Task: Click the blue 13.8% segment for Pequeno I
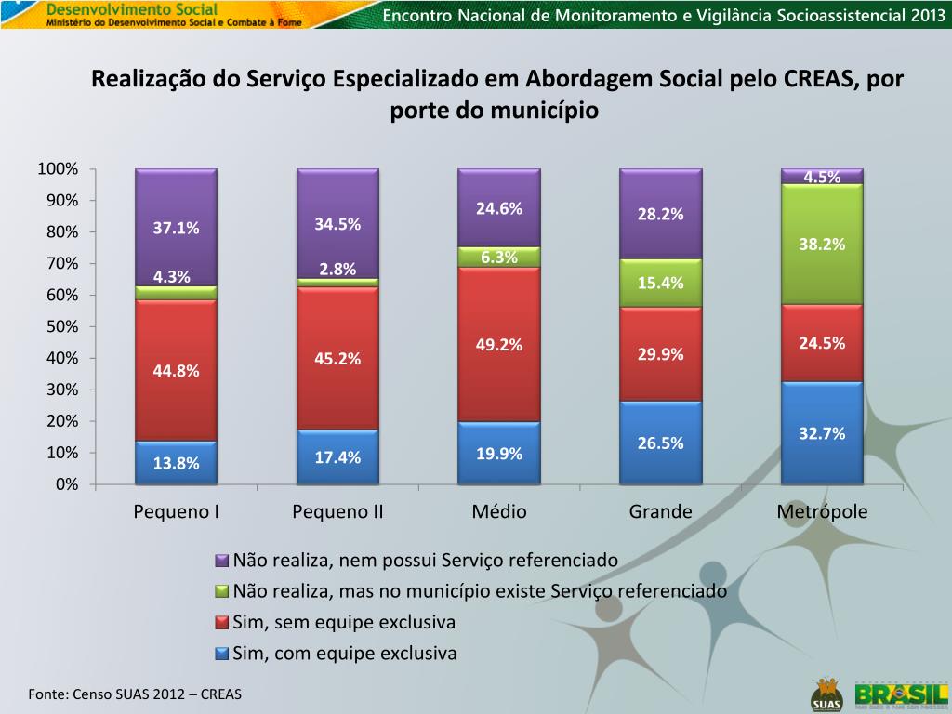point(176,463)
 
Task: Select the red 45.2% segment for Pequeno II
point(337,358)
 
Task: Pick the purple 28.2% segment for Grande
point(661,214)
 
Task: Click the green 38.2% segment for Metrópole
point(822,245)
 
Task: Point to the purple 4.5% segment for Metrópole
point(822,177)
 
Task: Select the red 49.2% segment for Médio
point(499,345)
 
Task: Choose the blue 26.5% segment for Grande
point(661,443)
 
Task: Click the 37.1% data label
point(177,228)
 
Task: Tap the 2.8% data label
point(337,270)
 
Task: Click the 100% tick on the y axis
point(58,168)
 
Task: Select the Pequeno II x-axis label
point(337,512)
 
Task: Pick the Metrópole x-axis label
point(822,512)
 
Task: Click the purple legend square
point(221,562)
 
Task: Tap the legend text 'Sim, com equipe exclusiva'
point(345,654)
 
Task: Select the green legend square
point(221,592)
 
